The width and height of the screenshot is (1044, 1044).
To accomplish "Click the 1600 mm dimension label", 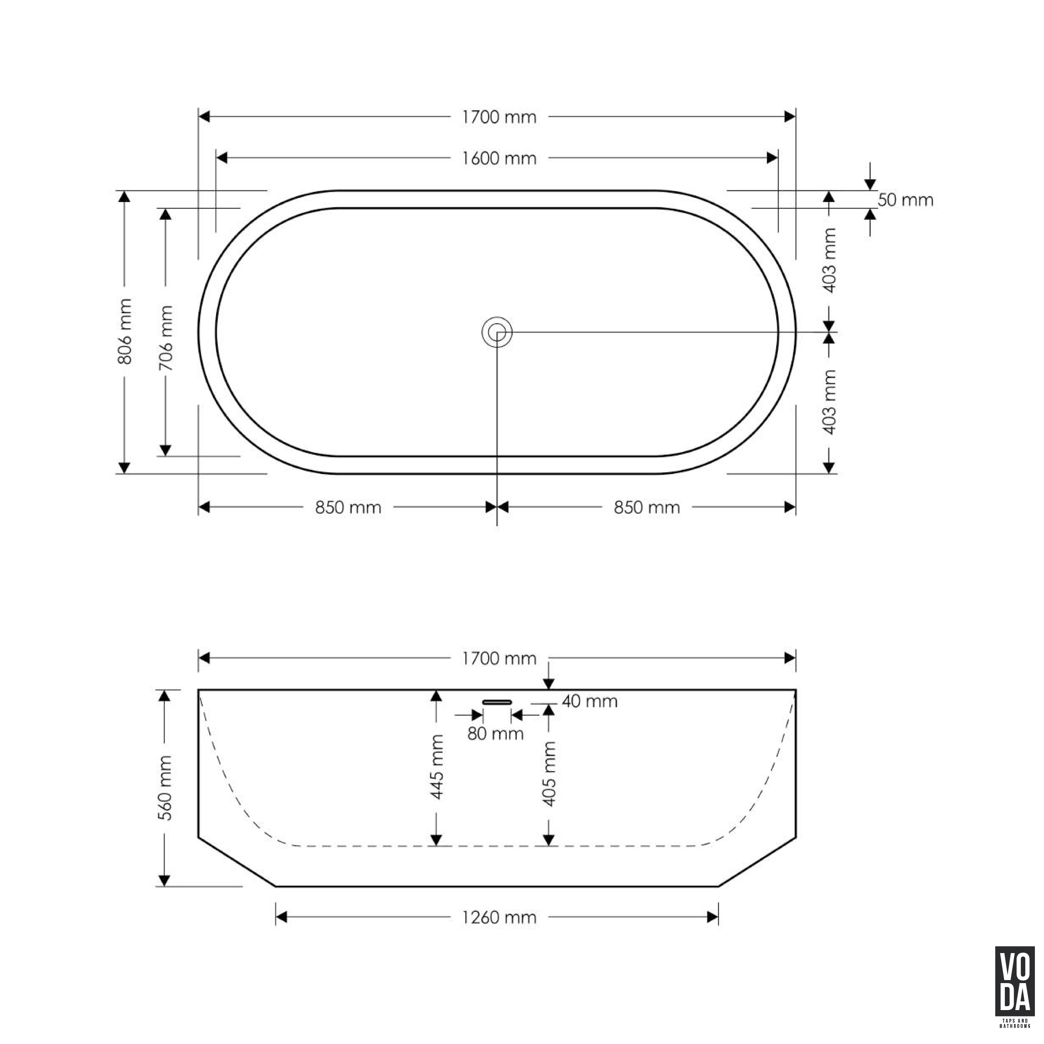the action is click(x=499, y=158).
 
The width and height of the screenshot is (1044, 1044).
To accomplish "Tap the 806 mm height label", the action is click(x=125, y=331).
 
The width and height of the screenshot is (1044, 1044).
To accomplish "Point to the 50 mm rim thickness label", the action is click(x=905, y=200).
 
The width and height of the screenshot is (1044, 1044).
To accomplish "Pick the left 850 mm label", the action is click(x=348, y=507).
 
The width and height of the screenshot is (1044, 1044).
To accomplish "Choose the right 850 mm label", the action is click(x=647, y=507).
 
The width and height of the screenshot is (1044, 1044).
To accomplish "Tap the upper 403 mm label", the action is click(x=829, y=261).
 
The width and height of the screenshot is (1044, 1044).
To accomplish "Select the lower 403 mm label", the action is click(x=829, y=402).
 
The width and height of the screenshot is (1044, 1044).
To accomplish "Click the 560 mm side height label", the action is click(x=165, y=788).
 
